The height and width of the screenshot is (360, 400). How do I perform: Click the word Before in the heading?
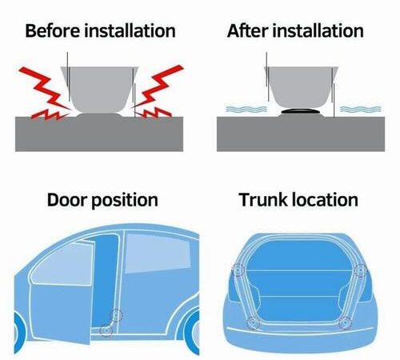coord(52,30)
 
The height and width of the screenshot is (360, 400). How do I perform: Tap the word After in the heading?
coord(247,30)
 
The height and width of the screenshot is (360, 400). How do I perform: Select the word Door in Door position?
coord(66,200)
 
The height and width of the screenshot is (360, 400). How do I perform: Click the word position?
coord(125,201)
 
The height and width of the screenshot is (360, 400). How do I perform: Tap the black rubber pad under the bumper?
coord(301,111)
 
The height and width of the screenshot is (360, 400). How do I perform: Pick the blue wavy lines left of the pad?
coord(246,109)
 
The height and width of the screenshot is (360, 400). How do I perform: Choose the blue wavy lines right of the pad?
coord(361,109)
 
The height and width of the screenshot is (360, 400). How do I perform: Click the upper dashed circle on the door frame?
coord(116,315)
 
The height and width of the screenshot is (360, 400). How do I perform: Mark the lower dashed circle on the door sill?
coord(106,330)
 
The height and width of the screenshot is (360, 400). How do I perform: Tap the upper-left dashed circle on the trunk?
coord(238,270)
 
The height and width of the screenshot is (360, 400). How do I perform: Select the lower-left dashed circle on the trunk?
coord(254,323)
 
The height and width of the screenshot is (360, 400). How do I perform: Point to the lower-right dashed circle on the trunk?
coord(345,323)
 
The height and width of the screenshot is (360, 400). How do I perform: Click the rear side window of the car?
coord(158,254)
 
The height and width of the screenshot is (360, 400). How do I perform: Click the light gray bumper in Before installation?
coord(100,90)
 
